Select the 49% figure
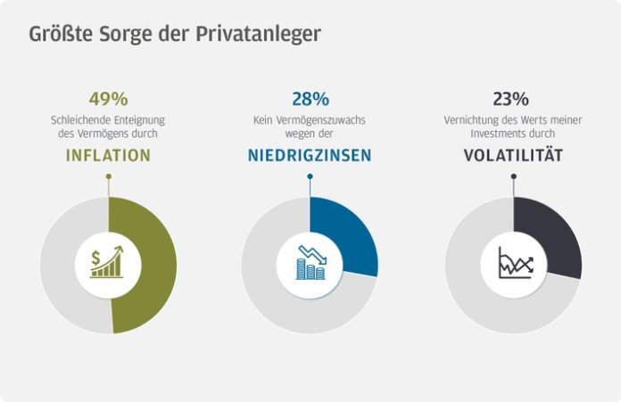point(107,99)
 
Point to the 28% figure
point(310,99)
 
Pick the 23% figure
point(511,99)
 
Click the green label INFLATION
point(108,155)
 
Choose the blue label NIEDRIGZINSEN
point(310,155)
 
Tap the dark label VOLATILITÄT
point(512,155)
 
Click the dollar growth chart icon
point(108,264)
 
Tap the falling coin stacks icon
point(310,264)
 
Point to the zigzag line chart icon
point(514,264)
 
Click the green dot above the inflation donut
point(108,176)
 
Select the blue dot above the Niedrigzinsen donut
point(310,176)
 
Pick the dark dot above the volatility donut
point(513,176)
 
